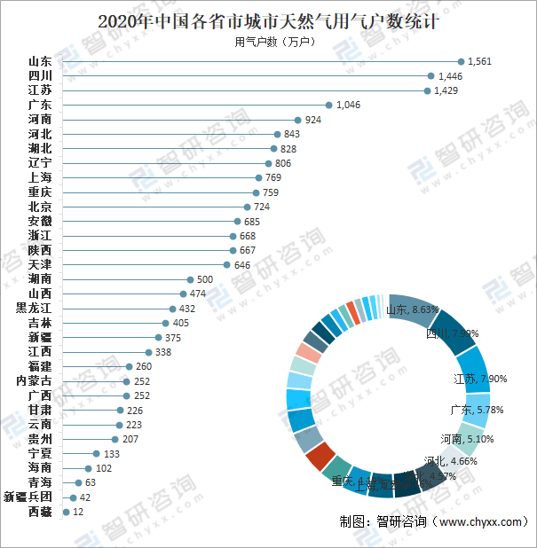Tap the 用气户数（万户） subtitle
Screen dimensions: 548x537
[x=268, y=42]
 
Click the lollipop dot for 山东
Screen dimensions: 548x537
[x=461, y=61]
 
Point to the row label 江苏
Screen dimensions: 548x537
[x=40, y=90]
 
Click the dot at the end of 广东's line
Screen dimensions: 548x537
[x=328, y=105]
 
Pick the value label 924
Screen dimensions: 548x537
[x=313, y=120]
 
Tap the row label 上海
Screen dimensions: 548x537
[x=40, y=177]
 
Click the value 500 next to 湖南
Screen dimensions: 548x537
[x=205, y=279]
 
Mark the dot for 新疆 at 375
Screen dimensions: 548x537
[x=158, y=337]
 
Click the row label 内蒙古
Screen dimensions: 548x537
[x=34, y=381]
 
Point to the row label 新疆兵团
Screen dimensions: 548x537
[x=28, y=497]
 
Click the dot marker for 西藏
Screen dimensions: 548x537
[x=66, y=512]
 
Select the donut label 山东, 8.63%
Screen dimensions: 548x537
[x=413, y=310]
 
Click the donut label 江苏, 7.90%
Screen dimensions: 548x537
[x=479, y=380]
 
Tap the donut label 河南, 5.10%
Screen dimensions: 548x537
[x=467, y=439]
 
